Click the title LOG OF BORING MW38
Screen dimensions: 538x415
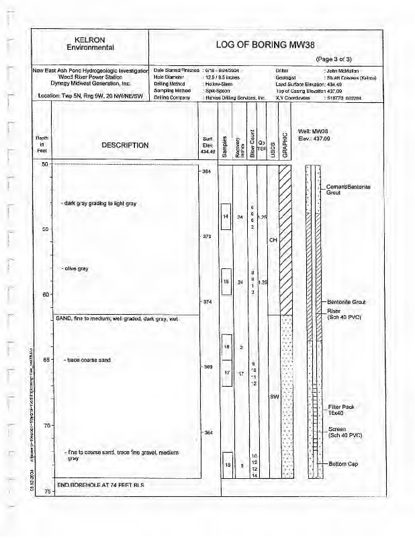(265, 45)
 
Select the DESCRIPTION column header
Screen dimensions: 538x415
(125, 145)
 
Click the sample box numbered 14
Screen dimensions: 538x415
(226, 217)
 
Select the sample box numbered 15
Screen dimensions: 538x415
(226, 282)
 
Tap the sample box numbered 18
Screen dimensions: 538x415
(227, 465)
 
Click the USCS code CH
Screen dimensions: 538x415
(273, 240)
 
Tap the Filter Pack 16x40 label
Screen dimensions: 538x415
(341, 410)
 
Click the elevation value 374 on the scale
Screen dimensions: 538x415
(207, 301)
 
